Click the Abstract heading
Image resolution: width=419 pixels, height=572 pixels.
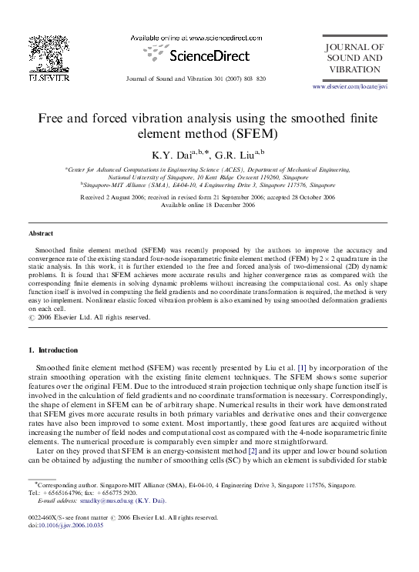point(40,232)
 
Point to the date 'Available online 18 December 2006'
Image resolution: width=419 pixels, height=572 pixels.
point(208,206)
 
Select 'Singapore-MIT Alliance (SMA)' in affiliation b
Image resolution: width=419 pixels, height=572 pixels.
point(120,186)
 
